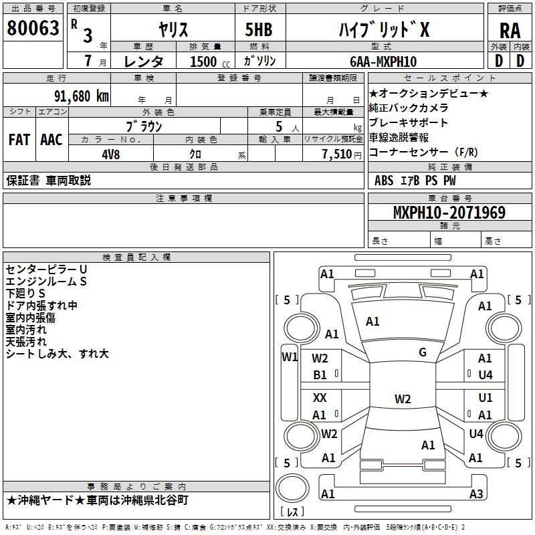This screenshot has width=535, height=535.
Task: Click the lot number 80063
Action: tap(32, 27)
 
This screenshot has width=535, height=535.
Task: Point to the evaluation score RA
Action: tap(510, 31)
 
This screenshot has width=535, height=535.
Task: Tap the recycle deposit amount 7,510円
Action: tap(333, 154)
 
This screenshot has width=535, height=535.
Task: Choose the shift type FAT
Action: tap(19, 139)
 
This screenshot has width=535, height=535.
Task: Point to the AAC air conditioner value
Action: tap(51, 139)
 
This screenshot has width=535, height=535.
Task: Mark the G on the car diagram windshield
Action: tap(423, 352)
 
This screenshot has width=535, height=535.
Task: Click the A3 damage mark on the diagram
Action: tap(476, 494)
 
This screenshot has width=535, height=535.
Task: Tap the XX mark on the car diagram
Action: tap(320, 398)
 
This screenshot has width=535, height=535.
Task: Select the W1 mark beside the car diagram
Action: tap(289, 356)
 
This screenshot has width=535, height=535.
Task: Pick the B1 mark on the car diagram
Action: tap(320, 375)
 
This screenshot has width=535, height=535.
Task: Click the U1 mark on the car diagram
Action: tap(486, 398)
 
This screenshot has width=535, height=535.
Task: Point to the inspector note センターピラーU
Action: tap(46, 269)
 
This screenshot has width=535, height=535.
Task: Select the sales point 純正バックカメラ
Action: tap(409, 108)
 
